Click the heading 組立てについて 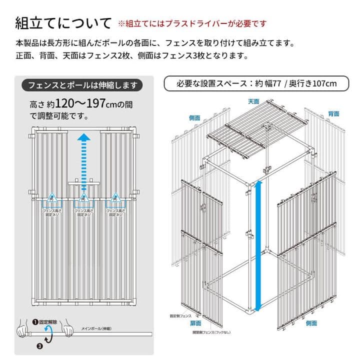tap(63, 23)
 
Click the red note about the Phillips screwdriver tap(192, 23)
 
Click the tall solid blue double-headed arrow tap(258, 245)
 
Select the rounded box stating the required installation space tap(256, 83)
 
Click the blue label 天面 tap(253, 101)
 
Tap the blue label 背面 tap(334, 113)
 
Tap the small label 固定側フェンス tap(181, 315)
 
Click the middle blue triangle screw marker tap(84, 199)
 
